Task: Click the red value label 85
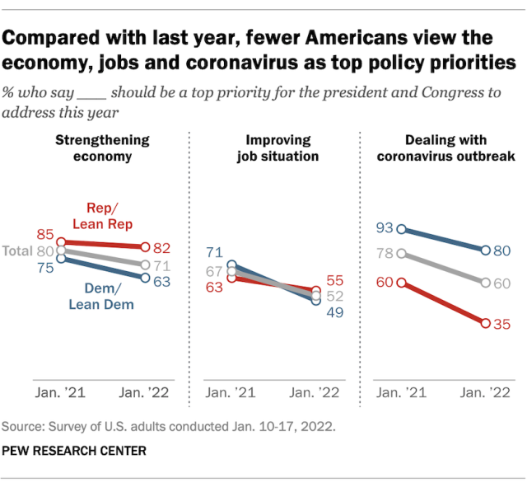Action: point(44,234)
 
